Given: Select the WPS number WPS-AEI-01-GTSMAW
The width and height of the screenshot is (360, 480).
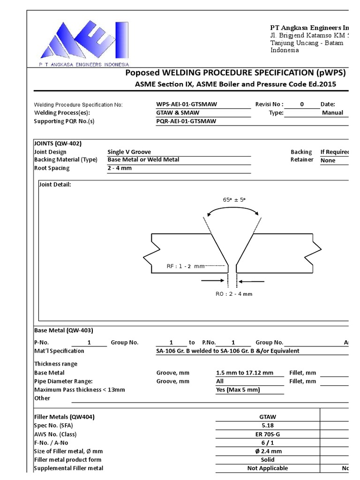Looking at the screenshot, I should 186,105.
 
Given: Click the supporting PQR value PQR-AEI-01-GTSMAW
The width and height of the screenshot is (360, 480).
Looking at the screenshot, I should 186,121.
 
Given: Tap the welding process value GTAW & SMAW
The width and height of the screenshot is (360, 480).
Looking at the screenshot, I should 178,113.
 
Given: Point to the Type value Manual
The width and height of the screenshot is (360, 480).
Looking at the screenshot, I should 332,113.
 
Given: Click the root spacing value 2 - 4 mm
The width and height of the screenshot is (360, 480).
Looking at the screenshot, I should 120,168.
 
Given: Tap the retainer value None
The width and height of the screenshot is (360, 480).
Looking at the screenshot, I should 328,160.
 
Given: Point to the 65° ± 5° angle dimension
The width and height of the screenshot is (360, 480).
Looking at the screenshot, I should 234,200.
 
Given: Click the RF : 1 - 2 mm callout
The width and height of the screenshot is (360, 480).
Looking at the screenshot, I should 186,266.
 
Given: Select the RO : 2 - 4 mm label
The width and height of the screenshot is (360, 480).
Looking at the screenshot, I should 234,294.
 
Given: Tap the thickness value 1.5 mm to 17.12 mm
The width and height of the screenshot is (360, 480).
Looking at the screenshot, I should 244,373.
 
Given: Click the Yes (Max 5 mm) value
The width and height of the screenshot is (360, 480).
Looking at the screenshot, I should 238,390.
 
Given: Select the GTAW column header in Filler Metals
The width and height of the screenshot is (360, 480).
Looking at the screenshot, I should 268,417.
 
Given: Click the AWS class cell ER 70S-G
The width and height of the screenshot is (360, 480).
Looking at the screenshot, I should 268,434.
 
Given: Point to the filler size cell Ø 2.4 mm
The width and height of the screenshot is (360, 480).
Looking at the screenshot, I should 268,451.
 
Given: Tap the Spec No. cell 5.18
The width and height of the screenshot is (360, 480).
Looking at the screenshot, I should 268,426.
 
